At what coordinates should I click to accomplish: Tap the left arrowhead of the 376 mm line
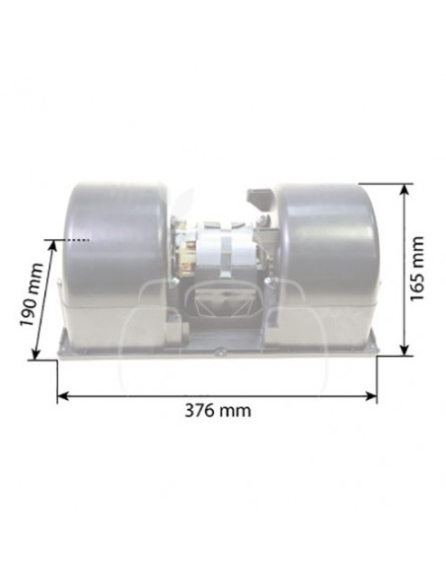click(62, 395)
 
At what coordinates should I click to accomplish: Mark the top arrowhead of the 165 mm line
click(405, 188)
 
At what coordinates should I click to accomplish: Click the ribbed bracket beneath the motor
click(219, 295)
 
